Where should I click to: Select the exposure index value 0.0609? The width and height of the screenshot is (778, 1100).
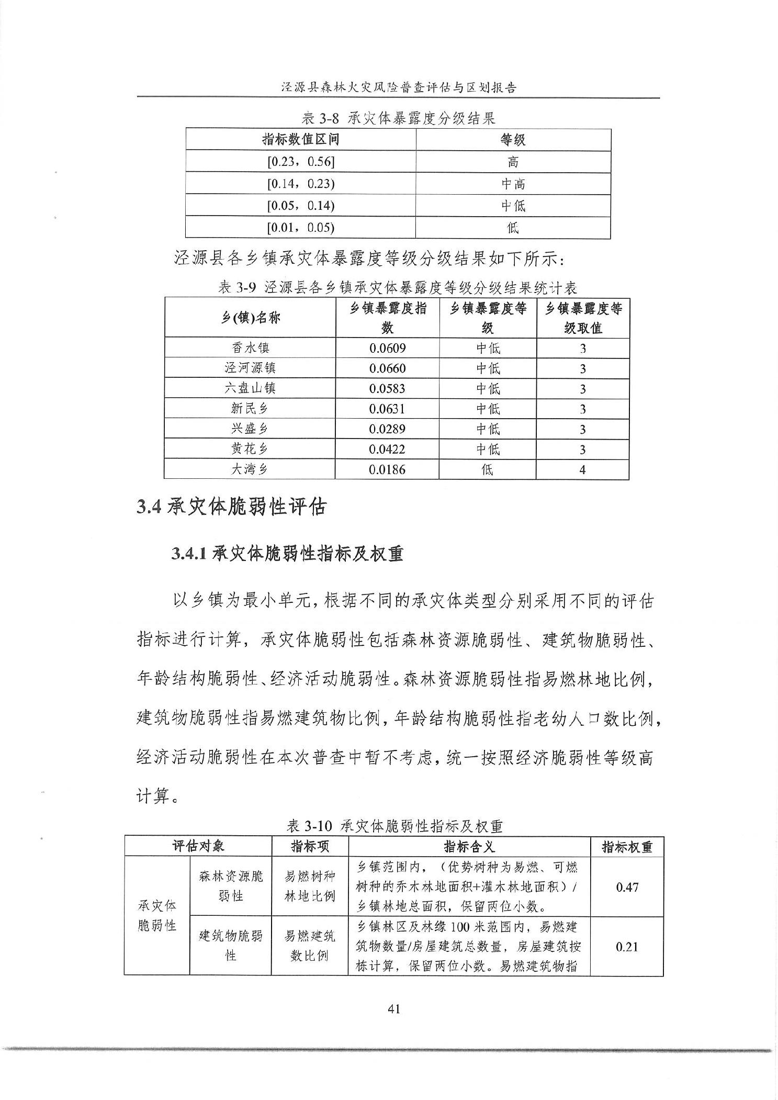click(387, 348)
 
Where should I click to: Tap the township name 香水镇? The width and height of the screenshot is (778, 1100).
click(250, 348)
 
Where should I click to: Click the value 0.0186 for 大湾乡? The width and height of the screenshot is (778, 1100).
click(387, 469)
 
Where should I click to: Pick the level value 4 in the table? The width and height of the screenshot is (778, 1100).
click(582, 469)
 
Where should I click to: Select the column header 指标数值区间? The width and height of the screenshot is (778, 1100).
click(300, 140)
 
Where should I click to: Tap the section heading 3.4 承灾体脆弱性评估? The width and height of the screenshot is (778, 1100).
click(231, 507)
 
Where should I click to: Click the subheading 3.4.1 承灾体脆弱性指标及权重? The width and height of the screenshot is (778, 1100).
click(287, 554)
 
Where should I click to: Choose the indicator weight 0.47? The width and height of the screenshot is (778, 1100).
click(627, 886)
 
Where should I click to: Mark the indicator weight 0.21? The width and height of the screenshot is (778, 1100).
click(627, 946)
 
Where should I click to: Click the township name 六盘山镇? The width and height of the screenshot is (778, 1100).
click(250, 388)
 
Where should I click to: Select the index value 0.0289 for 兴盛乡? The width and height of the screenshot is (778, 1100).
click(387, 429)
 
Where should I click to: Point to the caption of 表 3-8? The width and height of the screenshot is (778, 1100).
click(398, 118)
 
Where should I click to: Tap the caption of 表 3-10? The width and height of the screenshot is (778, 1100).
click(394, 826)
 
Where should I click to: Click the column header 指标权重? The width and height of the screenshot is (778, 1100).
click(627, 847)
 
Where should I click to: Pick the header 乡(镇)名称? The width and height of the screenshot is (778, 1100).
click(250, 318)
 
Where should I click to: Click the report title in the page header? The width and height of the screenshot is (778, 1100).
click(398, 87)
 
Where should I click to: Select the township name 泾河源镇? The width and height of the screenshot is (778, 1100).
click(250, 368)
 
